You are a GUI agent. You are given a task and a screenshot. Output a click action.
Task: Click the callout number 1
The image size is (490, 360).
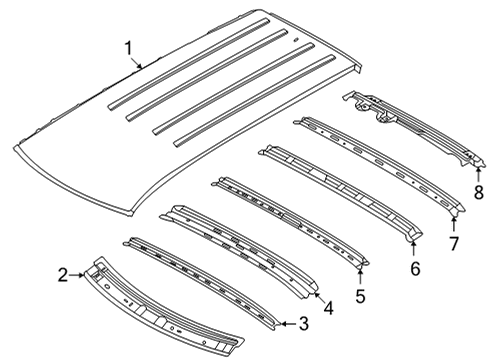tap(128, 47)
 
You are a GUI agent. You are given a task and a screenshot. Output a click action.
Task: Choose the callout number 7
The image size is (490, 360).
tap(453, 243)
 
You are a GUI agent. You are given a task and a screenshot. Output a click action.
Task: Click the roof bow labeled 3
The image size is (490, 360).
tap(200, 291)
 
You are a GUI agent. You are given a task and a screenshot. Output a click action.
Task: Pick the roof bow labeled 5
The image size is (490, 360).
tap(290, 225)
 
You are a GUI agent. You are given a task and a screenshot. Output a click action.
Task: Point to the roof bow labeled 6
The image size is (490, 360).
tap(340, 195)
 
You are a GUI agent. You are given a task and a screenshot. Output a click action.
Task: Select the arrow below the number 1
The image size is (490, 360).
tap(140, 62)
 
